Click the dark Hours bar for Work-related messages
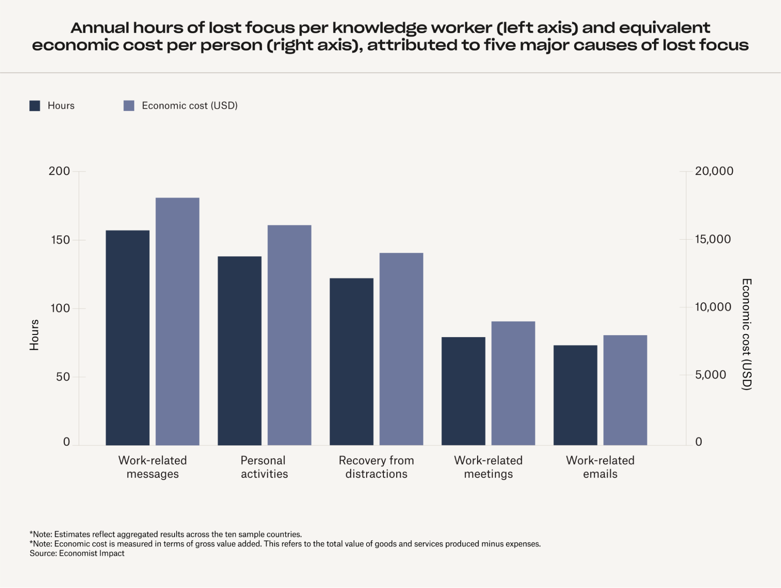127,338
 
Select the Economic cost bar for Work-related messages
177,321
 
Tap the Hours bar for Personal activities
239,350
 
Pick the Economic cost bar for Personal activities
290,335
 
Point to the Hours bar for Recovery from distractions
351,361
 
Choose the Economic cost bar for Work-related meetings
513,383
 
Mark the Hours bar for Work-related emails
575,395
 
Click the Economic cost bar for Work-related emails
625,390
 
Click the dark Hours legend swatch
35,106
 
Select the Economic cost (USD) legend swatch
129,106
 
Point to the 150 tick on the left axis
61,240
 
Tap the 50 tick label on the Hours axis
63,377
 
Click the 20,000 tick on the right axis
714,171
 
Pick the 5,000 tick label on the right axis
710,375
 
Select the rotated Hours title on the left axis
34,335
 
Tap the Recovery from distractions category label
376,467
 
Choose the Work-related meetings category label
488,467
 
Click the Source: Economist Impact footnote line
77,553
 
